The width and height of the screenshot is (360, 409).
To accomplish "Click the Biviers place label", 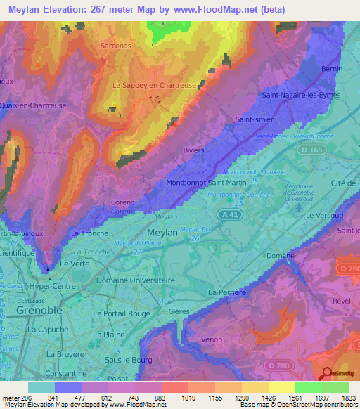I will (193, 150).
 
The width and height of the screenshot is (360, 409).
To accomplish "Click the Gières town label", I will (180, 310).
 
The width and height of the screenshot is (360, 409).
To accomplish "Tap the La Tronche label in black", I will (90, 233).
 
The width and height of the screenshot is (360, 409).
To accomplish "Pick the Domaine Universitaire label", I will (134, 280).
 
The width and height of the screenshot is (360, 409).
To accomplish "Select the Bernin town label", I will (330, 69).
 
